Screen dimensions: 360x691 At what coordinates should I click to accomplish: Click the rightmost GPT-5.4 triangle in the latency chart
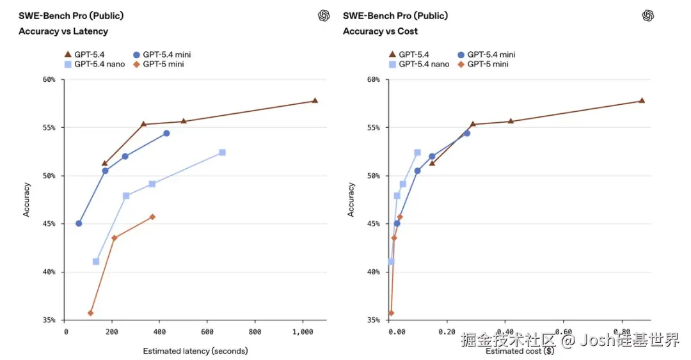pyautogui.click(x=315, y=100)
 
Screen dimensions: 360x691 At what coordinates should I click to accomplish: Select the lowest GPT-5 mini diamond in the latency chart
pyautogui.click(x=90, y=313)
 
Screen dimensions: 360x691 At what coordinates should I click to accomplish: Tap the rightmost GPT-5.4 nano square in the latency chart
pyautogui.click(x=222, y=152)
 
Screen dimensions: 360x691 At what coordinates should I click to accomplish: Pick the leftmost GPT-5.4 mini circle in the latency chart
pyautogui.click(x=79, y=223)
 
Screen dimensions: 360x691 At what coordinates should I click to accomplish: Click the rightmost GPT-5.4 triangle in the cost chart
pyautogui.click(x=642, y=100)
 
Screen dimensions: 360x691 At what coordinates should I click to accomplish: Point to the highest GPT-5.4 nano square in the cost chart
pyautogui.click(x=417, y=152)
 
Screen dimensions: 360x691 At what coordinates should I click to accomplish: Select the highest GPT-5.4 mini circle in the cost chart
pyautogui.click(x=466, y=133)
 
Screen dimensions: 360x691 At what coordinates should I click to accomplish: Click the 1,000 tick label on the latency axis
pyautogui.click(x=302, y=333)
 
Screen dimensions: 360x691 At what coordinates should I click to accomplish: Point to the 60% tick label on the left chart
pyautogui.click(x=49, y=79)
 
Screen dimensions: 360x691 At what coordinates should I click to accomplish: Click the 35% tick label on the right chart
pyautogui.click(x=374, y=320)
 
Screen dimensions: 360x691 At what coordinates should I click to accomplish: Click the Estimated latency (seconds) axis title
pyautogui.click(x=195, y=351)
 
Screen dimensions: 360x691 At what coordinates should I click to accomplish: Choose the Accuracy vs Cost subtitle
pyautogui.click(x=380, y=31)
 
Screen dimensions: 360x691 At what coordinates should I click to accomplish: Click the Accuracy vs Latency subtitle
pyautogui.click(x=63, y=31)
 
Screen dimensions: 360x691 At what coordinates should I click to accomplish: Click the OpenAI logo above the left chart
pyautogui.click(x=324, y=16)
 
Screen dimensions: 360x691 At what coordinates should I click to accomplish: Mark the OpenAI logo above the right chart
pyautogui.click(x=648, y=16)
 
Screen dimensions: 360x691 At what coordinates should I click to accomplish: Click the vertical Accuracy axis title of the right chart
pyautogui.click(x=351, y=200)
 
